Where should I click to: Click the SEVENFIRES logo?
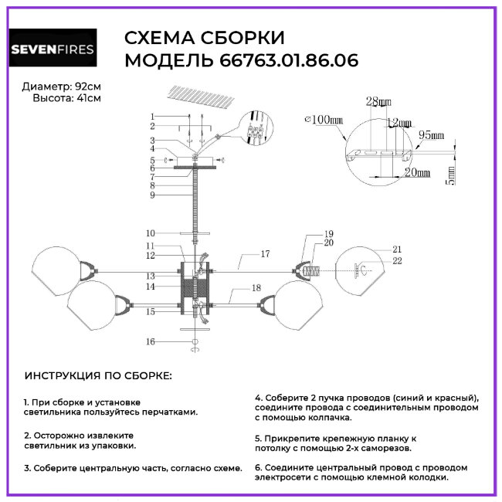[x=53, y=50]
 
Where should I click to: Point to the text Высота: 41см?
[x=66, y=98]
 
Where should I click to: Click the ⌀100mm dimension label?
[x=324, y=120]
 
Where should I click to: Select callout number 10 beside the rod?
[x=151, y=232]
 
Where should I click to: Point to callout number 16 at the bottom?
[x=151, y=341]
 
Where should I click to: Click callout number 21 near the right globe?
[x=398, y=249]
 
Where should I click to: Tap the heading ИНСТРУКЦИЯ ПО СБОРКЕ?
[x=99, y=375]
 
